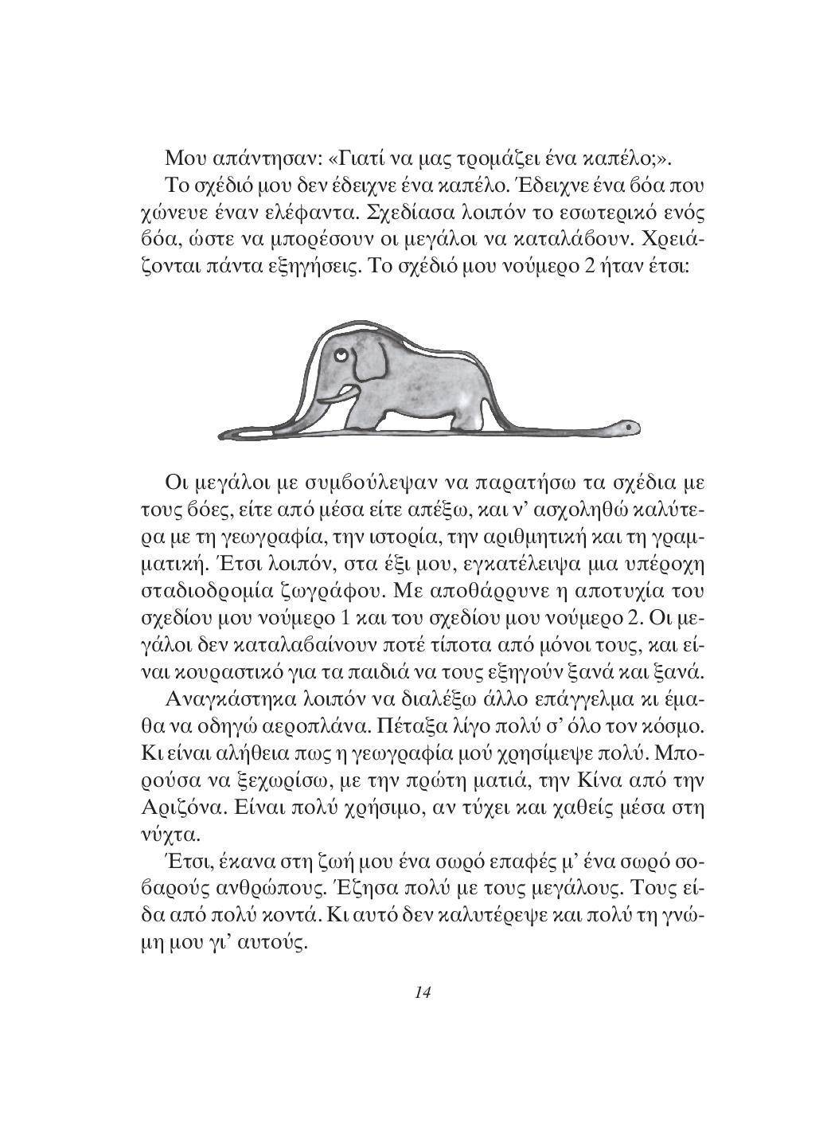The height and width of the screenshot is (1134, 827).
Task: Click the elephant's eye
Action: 340,353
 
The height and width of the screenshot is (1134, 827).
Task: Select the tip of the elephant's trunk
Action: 319,409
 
